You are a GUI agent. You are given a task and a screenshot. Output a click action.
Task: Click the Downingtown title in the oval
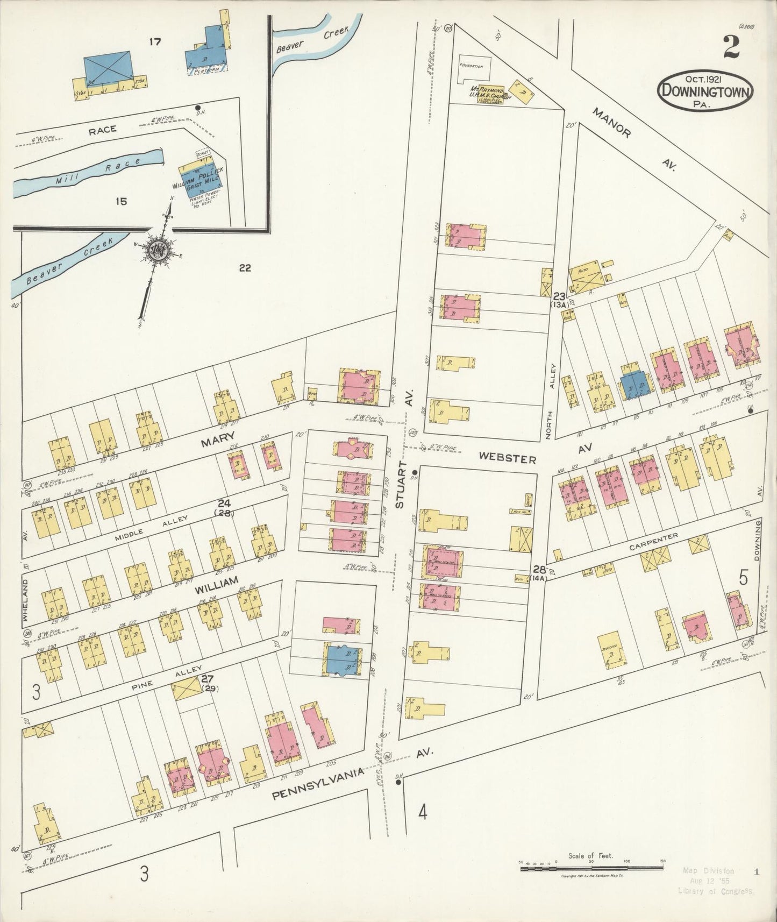(x=705, y=90)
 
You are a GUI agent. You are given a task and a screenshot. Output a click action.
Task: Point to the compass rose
(x=160, y=251)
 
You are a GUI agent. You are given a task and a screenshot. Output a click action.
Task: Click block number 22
(x=245, y=268)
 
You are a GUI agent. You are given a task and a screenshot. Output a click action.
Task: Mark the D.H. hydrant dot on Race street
(x=198, y=108)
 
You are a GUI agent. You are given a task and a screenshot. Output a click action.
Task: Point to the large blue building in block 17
(x=108, y=68)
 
